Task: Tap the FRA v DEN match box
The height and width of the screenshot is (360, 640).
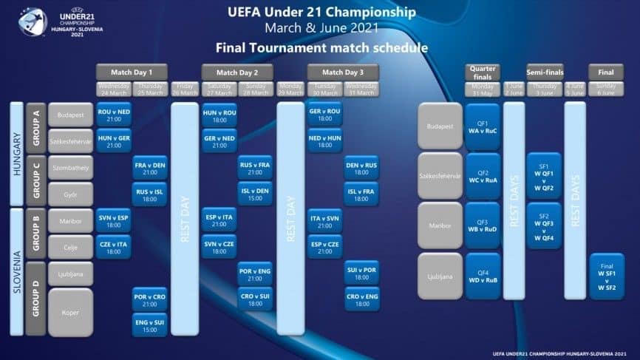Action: (x=149, y=166)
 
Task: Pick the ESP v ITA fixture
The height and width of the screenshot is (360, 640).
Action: (x=219, y=220)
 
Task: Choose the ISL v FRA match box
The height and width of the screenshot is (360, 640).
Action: (x=361, y=193)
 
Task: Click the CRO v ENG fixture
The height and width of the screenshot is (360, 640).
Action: (x=361, y=299)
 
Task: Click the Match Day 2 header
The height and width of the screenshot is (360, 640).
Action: (x=237, y=72)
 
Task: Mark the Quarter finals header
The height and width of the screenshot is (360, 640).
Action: (x=483, y=72)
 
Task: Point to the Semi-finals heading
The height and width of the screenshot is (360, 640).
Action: (x=544, y=72)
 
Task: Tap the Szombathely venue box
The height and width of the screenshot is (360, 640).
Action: (x=71, y=167)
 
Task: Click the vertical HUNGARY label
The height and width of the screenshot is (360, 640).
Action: (x=16, y=154)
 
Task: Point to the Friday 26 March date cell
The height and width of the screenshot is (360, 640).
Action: (x=185, y=89)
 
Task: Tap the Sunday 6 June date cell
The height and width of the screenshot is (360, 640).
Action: (x=606, y=89)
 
